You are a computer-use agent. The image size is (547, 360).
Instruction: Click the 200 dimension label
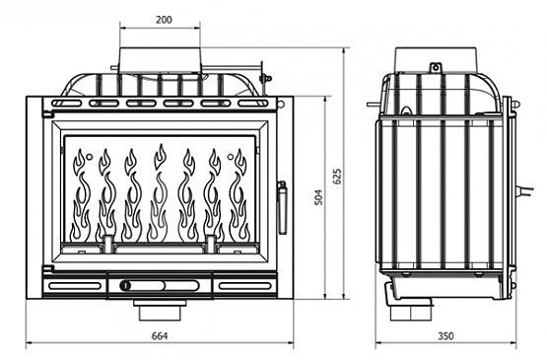(164, 20)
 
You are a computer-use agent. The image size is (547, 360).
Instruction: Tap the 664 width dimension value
(160, 336)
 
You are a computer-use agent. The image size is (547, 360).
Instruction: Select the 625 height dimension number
(337, 177)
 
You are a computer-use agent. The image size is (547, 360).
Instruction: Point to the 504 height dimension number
(318, 197)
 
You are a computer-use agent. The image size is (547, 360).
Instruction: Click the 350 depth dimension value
(445, 336)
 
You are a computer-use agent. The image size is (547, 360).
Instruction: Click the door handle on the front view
(282, 207)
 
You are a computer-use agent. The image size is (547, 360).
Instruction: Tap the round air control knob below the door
(125, 285)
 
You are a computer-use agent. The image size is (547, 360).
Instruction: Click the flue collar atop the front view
(160, 60)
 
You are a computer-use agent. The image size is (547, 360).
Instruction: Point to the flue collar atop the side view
(436, 59)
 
